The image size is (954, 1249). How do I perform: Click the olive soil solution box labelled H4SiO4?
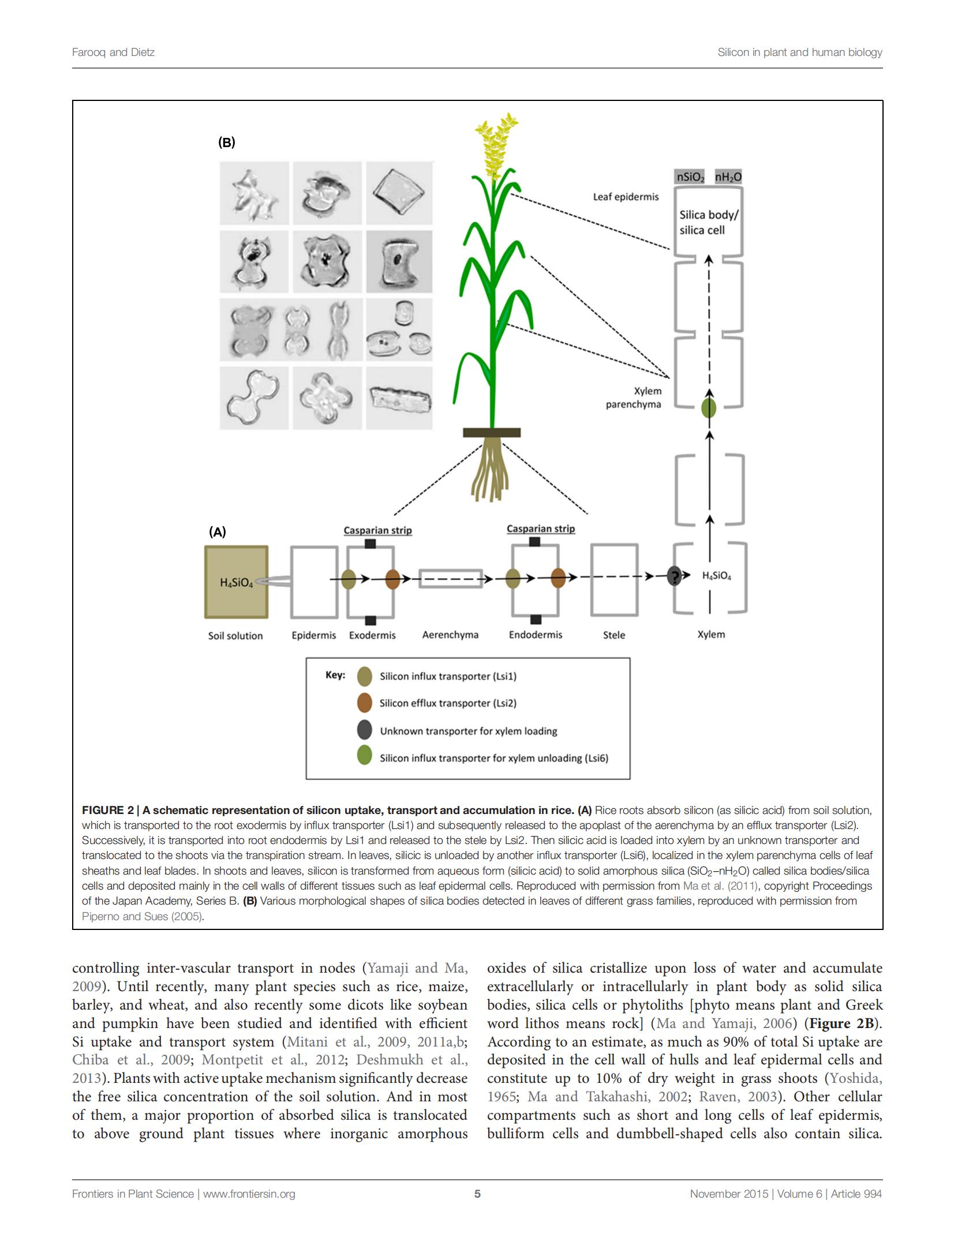(x=236, y=582)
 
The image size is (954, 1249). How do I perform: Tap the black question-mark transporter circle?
(x=674, y=576)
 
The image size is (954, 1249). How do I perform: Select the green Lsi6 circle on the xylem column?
(x=709, y=408)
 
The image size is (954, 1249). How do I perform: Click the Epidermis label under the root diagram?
(x=313, y=635)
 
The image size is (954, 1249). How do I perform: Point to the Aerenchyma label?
(x=450, y=635)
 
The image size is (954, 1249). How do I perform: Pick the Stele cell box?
(x=614, y=580)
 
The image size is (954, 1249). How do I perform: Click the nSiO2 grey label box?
(x=691, y=177)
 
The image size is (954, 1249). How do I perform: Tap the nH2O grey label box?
(x=728, y=177)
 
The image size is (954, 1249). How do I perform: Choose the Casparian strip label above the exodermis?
(x=378, y=530)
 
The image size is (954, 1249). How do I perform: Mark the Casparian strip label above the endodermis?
(x=541, y=528)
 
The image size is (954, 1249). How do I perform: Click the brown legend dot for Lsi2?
(x=364, y=703)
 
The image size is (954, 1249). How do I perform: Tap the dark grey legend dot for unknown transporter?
(x=364, y=730)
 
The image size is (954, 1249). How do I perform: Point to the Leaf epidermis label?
(x=626, y=197)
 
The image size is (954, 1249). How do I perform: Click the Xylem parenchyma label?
(x=634, y=397)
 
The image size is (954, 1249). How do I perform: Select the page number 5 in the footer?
(x=477, y=1194)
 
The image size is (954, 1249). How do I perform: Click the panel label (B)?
(x=226, y=142)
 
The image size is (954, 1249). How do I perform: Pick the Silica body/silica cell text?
(x=709, y=223)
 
